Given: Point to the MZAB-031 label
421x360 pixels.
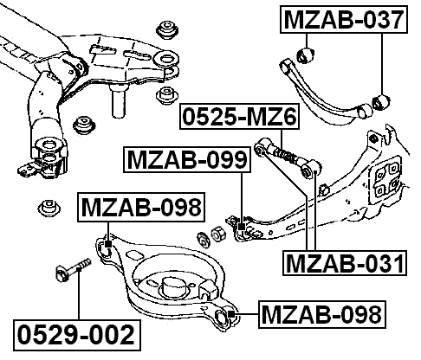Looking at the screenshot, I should [345, 263].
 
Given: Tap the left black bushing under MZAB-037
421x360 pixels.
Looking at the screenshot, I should [304, 58].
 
